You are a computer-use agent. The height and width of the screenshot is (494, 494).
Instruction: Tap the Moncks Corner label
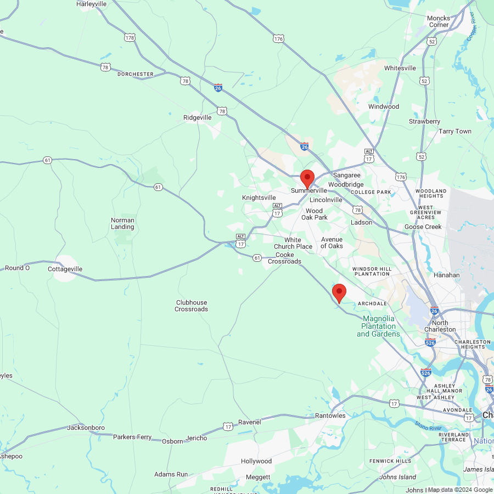pos(439,21)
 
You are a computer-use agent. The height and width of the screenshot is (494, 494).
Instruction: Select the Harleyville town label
pos(92,4)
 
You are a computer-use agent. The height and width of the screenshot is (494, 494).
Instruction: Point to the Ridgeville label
pos(197,117)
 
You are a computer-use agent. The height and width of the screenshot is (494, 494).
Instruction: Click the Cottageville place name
pos(65,269)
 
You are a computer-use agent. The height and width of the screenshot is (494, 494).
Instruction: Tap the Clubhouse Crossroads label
pos(192,306)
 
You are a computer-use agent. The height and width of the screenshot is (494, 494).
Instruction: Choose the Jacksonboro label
pos(86,428)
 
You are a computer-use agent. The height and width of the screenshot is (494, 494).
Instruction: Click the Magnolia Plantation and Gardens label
pos(378,326)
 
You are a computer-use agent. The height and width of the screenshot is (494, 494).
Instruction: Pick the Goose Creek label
pos(423,227)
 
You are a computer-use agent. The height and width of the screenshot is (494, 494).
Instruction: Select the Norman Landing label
pos(122,223)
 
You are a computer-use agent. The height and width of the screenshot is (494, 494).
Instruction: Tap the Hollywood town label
pos(256,461)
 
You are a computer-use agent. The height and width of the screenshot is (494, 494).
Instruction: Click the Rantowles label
pos(330,416)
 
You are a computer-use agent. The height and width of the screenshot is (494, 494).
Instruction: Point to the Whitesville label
pos(400,68)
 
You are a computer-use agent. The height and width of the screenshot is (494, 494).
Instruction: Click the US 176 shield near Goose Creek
pos(401,177)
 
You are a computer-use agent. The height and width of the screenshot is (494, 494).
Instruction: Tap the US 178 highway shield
pos(130,38)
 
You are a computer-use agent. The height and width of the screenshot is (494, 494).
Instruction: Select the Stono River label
pos(429,426)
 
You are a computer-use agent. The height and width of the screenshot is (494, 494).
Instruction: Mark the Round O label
pos(17,268)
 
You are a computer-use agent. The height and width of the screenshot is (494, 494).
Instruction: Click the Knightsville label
pos(259,198)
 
